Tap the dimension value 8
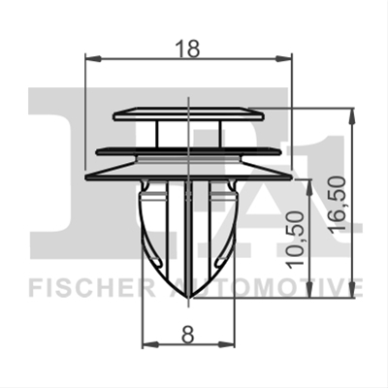(188, 335)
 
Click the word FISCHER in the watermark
(92, 287)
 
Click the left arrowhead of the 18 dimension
(93, 58)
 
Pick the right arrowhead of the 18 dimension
(283, 58)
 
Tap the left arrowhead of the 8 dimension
(150, 345)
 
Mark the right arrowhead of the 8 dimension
(226, 345)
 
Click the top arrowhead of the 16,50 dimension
(352, 116)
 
